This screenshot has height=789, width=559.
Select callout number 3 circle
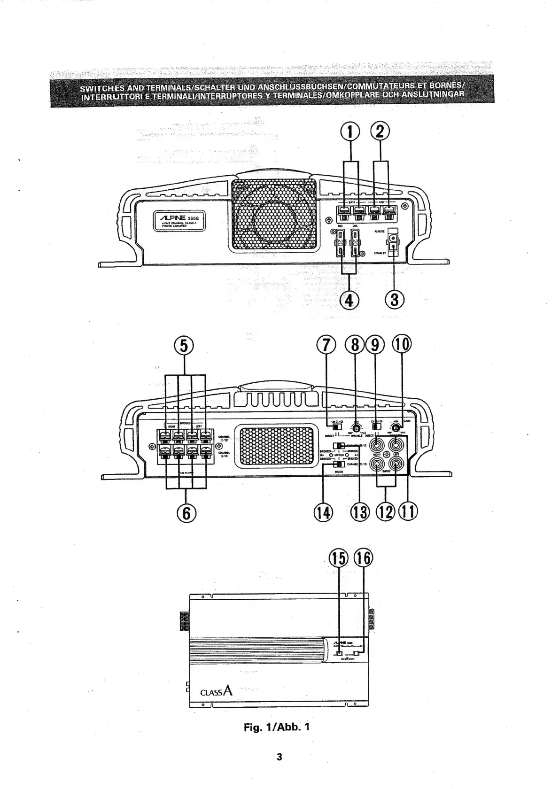click(395, 299)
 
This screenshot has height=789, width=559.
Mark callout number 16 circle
click(363, 558)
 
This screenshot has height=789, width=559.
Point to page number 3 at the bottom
click(279, 757)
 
